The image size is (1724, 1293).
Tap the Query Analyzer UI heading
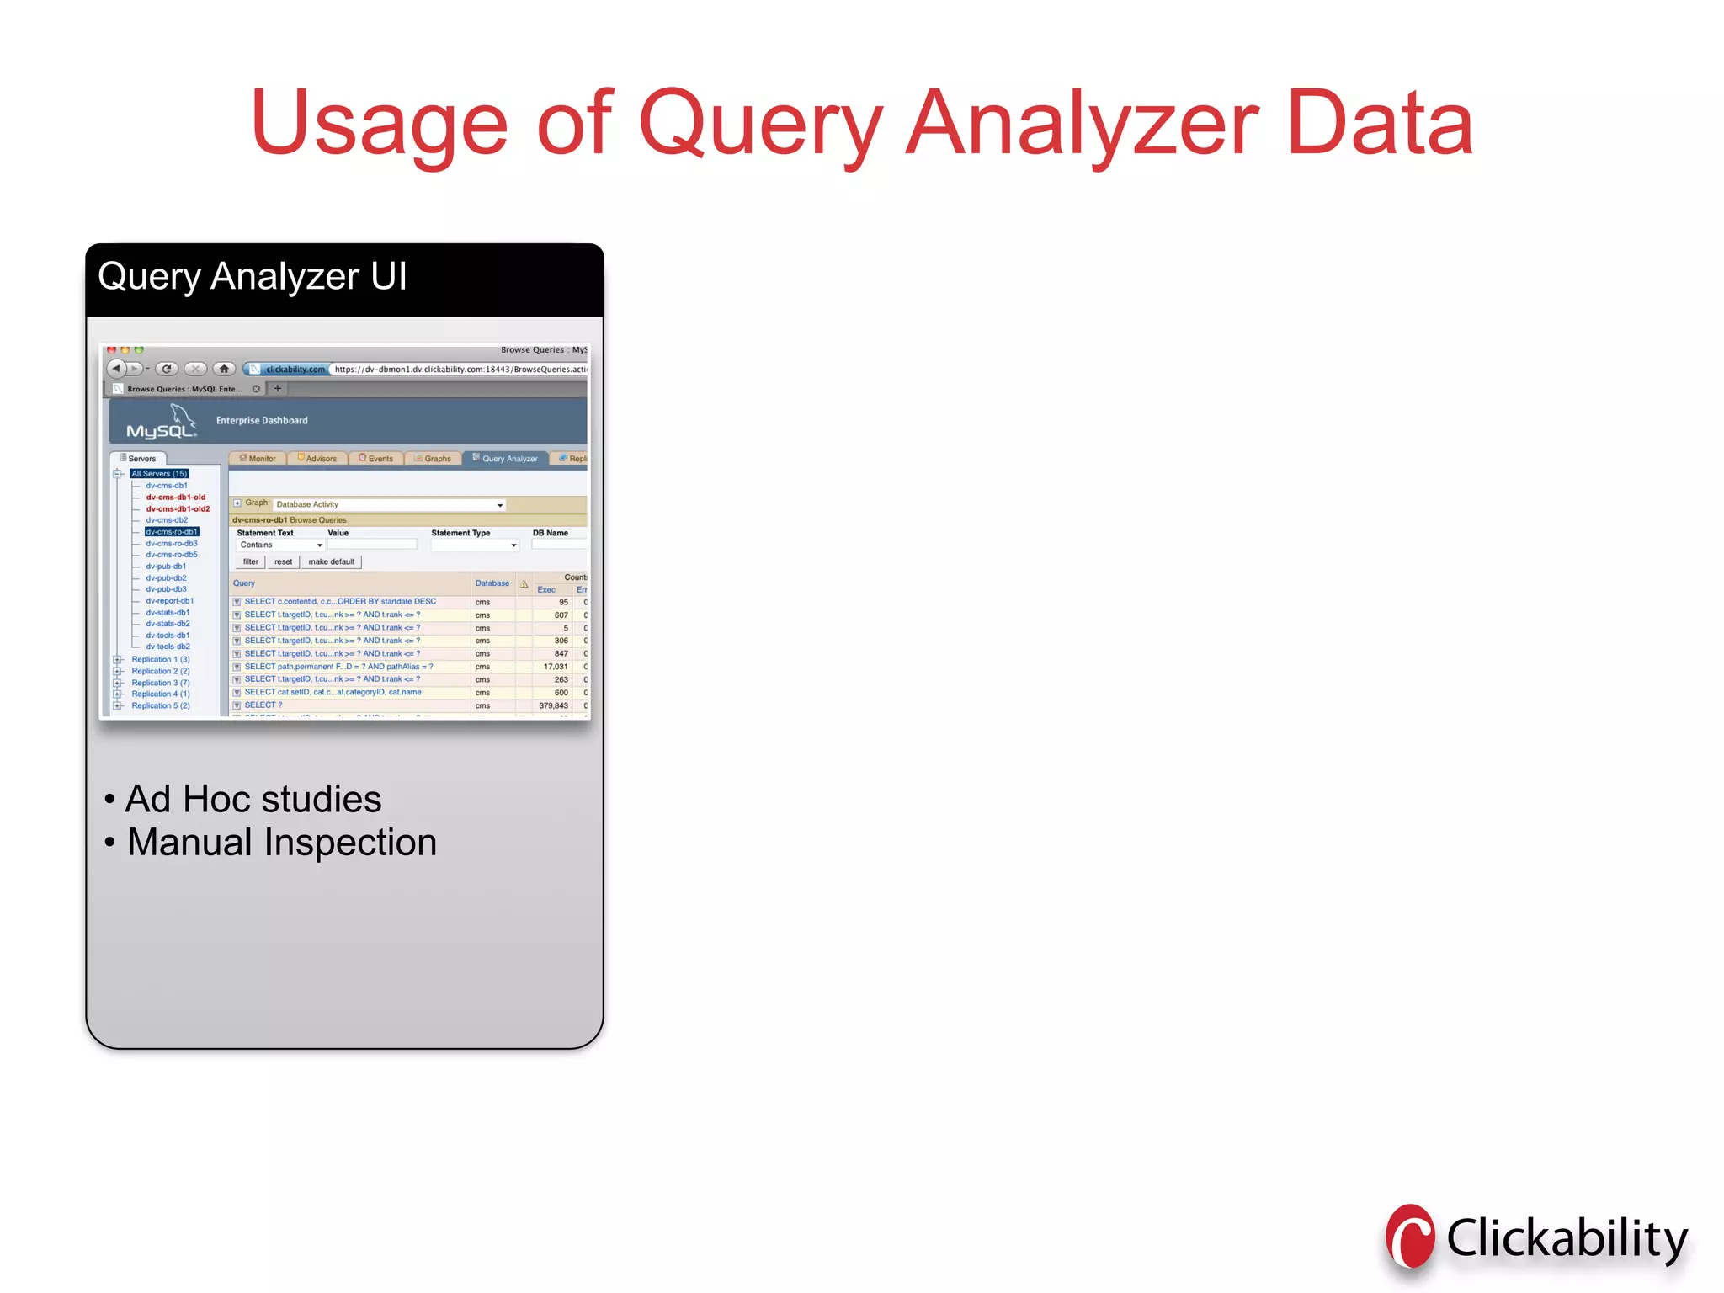(x=253, y=277)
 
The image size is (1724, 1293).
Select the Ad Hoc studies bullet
(x=253, y=799)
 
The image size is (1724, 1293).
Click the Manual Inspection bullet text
(x=281, y=843)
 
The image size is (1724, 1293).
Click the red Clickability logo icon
(x=1410, y=1237)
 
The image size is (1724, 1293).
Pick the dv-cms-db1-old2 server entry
(x=178, y=508)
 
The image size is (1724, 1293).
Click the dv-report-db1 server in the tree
(x=169, y=601)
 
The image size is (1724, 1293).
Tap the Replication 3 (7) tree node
(x=160, y=683)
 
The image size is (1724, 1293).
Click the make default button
(x=331, y=561)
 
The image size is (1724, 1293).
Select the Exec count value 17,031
(x=556, y=667)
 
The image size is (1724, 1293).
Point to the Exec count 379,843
(x=553, y=705)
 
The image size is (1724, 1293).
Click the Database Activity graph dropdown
(x=389, y=505)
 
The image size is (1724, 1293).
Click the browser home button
(x=224, y=369)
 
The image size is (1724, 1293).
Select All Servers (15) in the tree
(x=159, y=474)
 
